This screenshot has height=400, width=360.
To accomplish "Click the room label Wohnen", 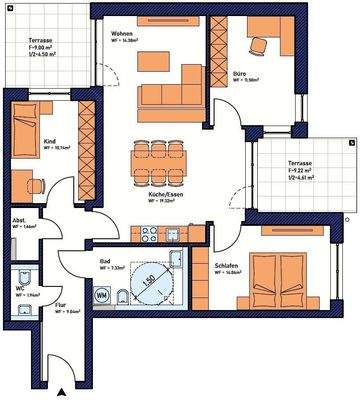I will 122,33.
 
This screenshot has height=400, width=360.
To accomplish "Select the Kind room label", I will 48,143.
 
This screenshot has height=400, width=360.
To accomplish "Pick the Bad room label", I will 103,262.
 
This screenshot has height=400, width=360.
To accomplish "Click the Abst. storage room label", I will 19,221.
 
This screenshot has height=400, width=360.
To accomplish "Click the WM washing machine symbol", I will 102,295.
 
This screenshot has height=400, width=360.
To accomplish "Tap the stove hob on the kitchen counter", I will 150,237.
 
